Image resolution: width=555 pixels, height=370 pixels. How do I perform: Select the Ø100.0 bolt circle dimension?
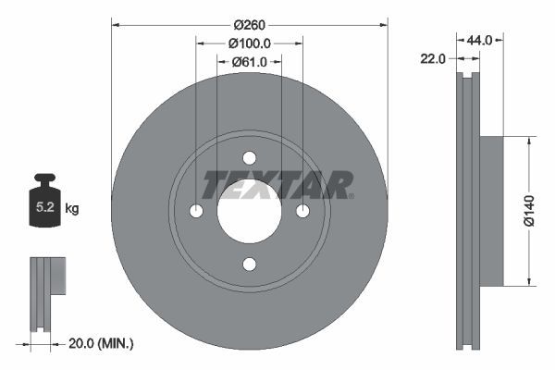(249, 43)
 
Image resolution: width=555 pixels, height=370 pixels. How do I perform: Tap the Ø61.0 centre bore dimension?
(249, 61)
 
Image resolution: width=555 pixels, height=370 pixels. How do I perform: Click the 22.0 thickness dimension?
(433, 58)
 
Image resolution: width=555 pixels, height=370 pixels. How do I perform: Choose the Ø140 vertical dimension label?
(528, 212)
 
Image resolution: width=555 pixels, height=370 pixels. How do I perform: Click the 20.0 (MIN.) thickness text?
(102, 343)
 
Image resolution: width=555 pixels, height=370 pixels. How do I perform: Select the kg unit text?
(72, 209)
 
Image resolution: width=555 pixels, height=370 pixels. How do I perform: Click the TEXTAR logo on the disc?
(277, 184)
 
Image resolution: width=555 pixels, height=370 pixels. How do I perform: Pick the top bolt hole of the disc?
(249, 158)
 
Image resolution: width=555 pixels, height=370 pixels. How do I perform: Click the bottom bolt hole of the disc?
(249, 265)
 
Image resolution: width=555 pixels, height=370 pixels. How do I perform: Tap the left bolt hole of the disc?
(196, 212)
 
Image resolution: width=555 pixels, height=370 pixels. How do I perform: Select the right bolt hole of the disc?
(302, 212)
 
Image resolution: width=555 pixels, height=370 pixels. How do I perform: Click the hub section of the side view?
(491, 212)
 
